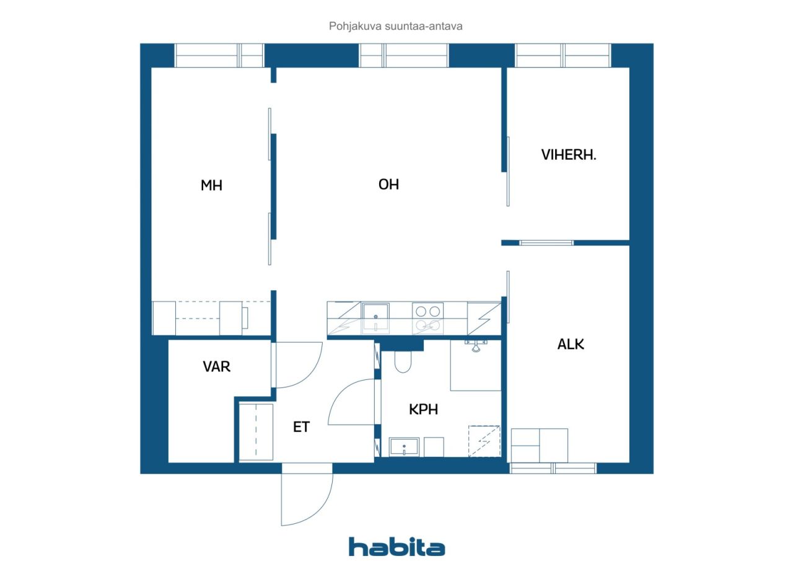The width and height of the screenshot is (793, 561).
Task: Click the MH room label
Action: coord(211,185)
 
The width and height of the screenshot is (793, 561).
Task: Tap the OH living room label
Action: coord(388,184)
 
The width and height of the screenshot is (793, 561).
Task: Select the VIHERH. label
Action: coord(569,155)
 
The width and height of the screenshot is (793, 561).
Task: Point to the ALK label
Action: coord(571,344)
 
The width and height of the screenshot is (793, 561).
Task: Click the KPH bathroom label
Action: coord(423,409)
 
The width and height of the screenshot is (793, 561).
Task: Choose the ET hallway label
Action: coord(301,426)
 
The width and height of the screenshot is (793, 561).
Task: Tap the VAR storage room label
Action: coord(216,366)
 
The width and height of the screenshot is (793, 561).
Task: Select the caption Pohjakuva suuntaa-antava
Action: coord(395,26)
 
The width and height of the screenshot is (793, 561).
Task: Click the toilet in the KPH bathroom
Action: coord(403,361)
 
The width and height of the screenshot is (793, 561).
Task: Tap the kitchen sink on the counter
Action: coord(375,318)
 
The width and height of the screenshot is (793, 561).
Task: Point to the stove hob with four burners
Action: coord(427,318)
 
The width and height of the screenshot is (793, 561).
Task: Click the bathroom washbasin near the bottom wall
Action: coord(404,447)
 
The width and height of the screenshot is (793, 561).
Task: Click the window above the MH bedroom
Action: coord(219,56)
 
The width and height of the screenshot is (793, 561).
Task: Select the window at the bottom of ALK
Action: coord(553,468)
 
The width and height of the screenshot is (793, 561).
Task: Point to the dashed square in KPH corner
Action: coord(484,441)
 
